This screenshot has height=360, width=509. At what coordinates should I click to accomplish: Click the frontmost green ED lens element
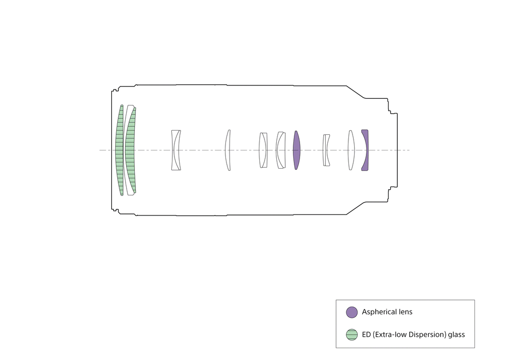pos(119,150)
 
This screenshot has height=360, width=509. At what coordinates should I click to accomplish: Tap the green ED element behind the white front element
pos(130,150)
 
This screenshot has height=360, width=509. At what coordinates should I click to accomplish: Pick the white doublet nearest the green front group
pos(175,150)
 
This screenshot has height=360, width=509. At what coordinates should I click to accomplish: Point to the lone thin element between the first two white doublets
pos(227,150)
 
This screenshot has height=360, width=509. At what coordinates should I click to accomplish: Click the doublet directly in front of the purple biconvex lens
pos(281,150)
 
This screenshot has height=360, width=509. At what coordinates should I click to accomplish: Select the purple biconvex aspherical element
pos(296,150)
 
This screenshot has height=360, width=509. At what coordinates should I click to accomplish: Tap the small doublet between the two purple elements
pos(326,150)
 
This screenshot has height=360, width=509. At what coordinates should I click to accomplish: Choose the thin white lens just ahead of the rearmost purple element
pos(351,150)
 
